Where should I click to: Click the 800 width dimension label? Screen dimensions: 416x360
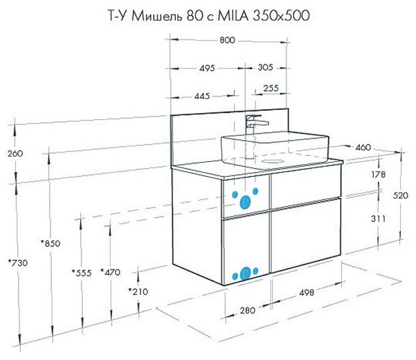pyautogui.click(x=228, y=41)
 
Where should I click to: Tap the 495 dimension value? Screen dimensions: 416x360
pyautogui.click(x=207, y=68)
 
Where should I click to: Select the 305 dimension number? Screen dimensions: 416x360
pyautogui.click(x=265, y=68)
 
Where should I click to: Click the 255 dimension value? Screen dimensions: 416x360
pyautogui.click(x=271, y=88)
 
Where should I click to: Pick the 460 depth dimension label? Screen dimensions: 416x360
pyautogui.click(x=363, y=147)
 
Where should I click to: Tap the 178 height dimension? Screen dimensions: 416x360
pyautogui.click(x=378, y=174)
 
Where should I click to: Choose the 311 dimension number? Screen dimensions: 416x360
pyautogui.click(x=378, y=219)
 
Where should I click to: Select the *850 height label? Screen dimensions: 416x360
pyautogui.click(x=50, y=243)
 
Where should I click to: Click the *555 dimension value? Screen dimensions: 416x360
pyautogui.click(x=81, y=273)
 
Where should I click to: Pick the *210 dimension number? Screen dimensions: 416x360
pyautogui.click(x=138, y=291)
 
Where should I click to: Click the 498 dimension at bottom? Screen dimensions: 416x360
pyautogui.click(x=306, y=292)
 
